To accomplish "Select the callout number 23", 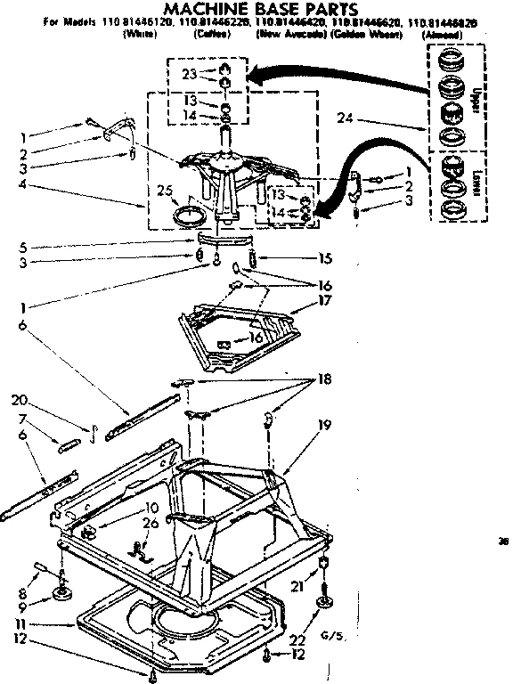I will [x=188, y=76].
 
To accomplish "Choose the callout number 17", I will [x=324, y=301].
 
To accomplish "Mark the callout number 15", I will [x=324, y=259].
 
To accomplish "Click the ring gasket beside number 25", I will [x=188, y=215].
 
